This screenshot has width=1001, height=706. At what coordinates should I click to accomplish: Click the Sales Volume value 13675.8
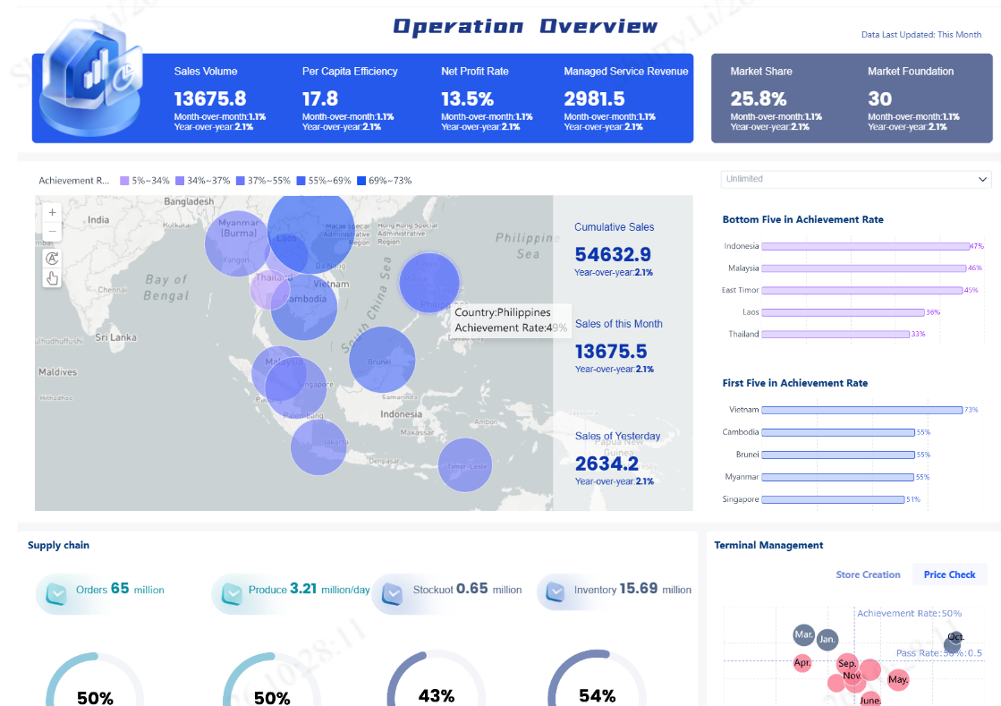tap(210, 98)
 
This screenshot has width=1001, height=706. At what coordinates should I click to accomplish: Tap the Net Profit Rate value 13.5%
tap(467, 98)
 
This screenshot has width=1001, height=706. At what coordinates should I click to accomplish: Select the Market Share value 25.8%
tap(759, 98)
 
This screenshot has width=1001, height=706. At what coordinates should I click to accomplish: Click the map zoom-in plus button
tap(52, 213)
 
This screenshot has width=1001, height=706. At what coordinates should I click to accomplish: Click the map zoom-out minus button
tap(52, 232)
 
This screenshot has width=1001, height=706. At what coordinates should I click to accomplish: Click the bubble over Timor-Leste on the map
tap(465, 465)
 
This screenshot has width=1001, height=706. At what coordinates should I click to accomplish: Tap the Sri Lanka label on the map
tap(115, 337)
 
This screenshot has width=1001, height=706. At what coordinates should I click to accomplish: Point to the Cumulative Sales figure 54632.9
tap(613, 254)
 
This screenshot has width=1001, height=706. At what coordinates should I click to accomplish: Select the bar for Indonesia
tap(866, 246)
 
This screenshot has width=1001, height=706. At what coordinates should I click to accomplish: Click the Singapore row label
tap(741, 499)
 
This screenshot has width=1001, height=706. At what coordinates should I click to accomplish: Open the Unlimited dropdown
tap(856, 179)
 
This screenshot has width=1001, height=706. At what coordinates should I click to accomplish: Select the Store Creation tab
tap(868, 574)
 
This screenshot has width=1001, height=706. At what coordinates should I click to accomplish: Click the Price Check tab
tap(949, 574)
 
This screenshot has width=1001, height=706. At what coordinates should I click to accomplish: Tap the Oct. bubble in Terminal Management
tap(954, 642)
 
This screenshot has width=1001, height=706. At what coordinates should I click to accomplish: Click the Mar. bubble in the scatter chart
tap(804, 635)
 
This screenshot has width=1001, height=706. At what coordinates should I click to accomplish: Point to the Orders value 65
tap(120, 589)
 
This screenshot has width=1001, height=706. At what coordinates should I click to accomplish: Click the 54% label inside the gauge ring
tap(597, 695)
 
